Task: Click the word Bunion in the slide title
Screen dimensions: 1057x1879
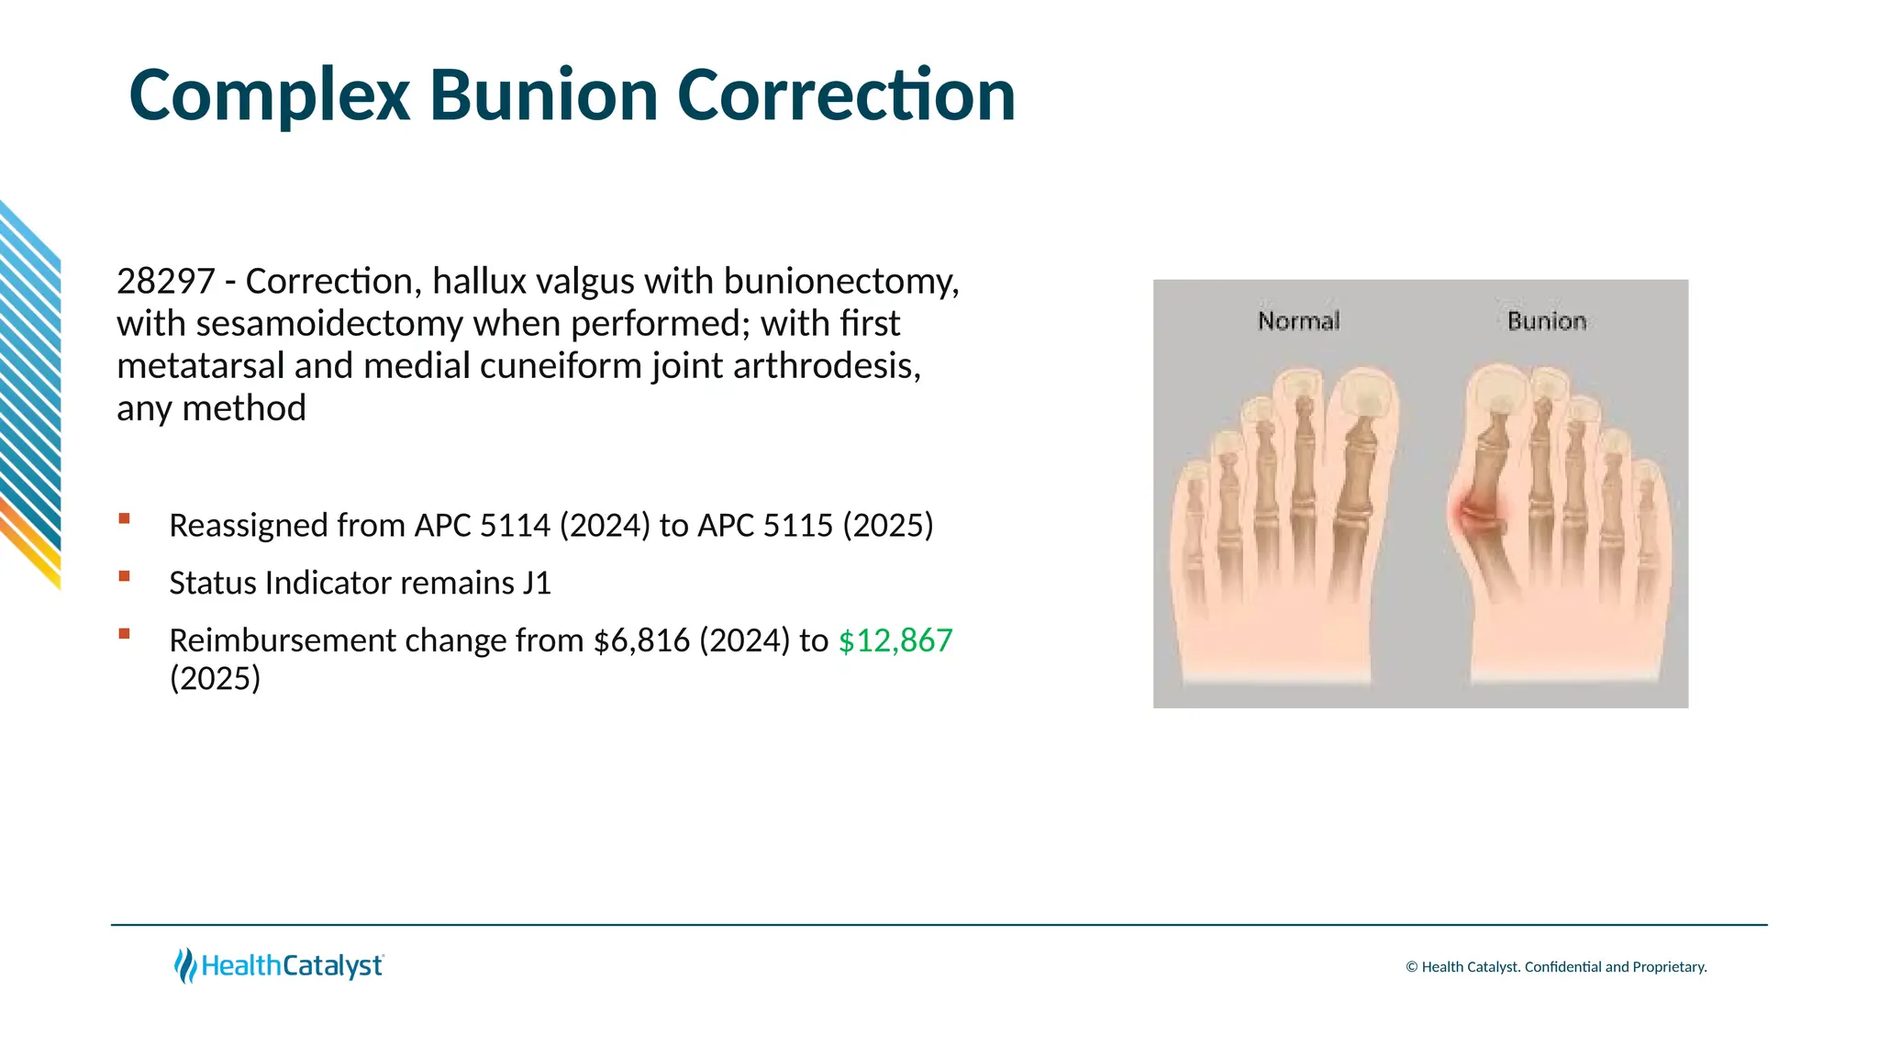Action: (x=543, y=95)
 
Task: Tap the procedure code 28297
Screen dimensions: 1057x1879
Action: (x=165, y=282)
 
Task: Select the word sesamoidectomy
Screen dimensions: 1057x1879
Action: (x=330, y=324)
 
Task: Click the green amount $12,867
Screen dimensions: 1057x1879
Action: (x=895, y=640)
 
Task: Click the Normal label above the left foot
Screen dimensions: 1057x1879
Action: (x=1298, y=321)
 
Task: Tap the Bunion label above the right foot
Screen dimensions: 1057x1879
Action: (x=1547, y=321)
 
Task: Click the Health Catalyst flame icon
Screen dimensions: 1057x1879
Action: (x=185, y=965)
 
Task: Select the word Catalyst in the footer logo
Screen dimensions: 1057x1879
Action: (x=332, y=966)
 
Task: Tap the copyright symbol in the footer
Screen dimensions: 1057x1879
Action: (x=1412, y=967)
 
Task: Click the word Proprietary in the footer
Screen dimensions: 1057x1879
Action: (x=1669, y=967)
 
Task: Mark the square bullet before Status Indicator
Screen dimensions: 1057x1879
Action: (x=124, y=576)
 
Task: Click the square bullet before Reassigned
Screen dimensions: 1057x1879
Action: (x=124, y=519)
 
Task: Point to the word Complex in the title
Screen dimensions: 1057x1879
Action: (x=270, y=95)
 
